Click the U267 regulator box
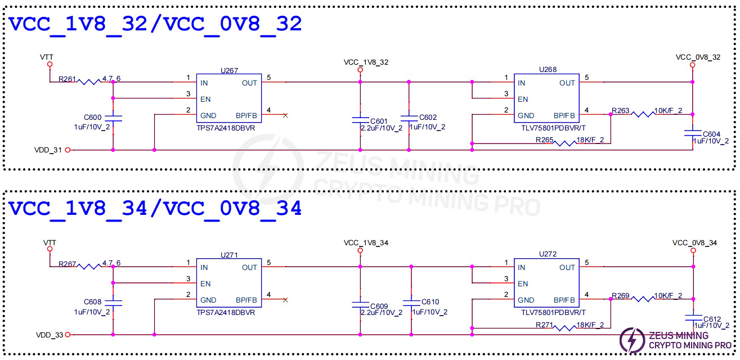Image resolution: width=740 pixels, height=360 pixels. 228,99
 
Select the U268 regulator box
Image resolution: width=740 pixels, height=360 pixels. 546,99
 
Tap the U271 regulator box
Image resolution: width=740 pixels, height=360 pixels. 228,283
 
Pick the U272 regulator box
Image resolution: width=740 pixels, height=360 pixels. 546,283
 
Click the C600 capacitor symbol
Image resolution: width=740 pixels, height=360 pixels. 113,118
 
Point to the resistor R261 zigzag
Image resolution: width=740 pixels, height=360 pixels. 90,82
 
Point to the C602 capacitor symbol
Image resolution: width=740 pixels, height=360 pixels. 409,119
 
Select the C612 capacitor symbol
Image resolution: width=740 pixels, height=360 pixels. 694,317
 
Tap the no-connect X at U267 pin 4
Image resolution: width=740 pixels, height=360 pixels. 285,115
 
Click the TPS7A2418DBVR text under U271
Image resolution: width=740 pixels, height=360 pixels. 225,312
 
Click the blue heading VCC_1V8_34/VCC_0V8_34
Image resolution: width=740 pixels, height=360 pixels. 155,208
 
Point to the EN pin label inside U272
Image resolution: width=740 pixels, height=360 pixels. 523,283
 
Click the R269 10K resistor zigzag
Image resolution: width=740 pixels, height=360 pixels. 643,299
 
